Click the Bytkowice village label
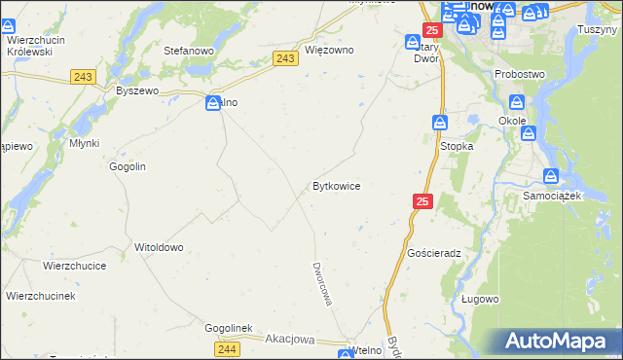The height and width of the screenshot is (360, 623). click(x=337, y=185)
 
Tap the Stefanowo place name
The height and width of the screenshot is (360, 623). click(x=189, y=50)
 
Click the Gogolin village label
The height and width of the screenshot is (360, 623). click(x=128, y=166)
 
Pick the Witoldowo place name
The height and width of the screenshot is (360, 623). click(x=159, y=247)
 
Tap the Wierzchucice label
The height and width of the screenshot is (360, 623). click(x=74, y=265)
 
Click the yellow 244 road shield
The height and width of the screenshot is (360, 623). click(x=228, y=348)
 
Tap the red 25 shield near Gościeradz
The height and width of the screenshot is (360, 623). click(x=421, y=201)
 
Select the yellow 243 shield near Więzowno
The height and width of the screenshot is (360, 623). click(x=285, y=59)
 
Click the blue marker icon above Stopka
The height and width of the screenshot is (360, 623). click(x=440, y=123)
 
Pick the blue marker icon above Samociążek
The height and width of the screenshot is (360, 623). click(x=551, y=176)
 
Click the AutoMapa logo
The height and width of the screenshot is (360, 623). click(x=560, y=341)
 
